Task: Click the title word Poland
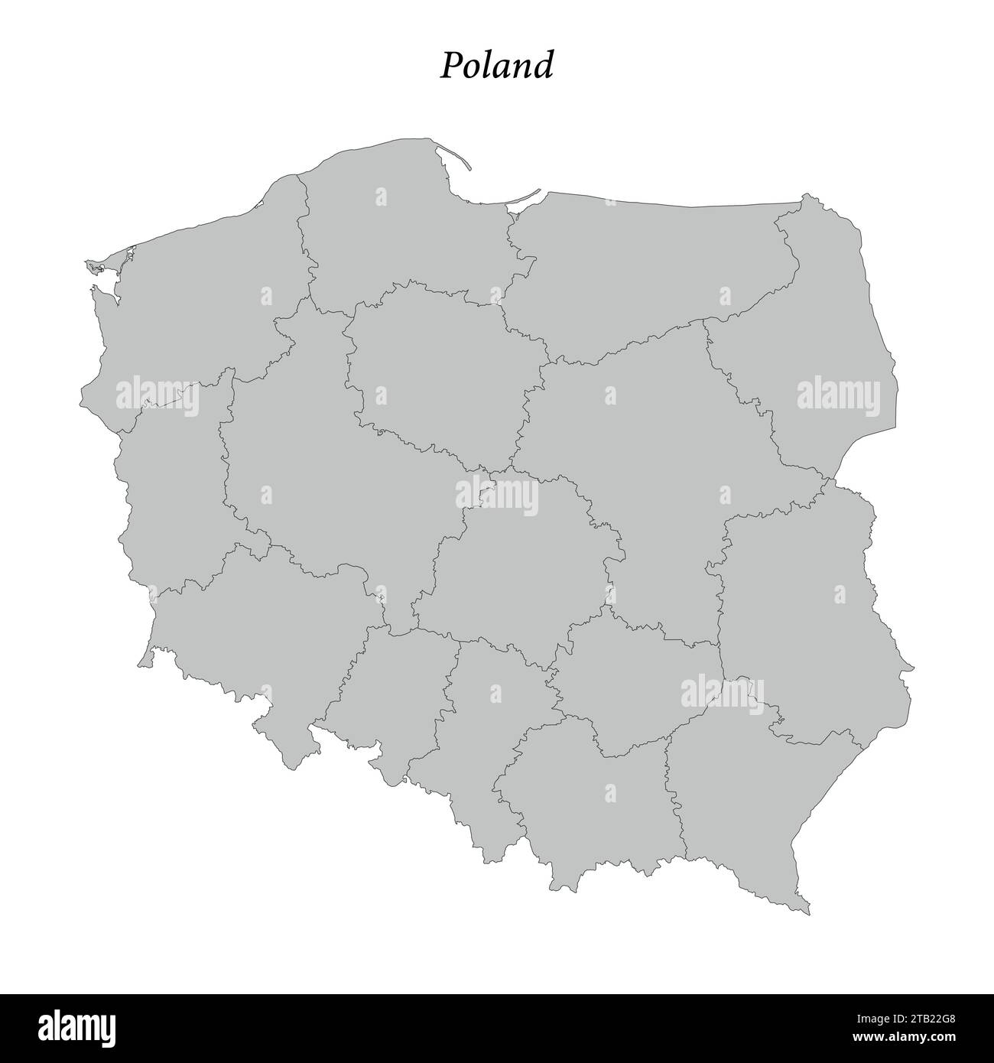click(x=496, y=66)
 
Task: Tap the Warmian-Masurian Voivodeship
click(x=650, y=268)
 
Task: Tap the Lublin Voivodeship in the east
click(x=810, y=612)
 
